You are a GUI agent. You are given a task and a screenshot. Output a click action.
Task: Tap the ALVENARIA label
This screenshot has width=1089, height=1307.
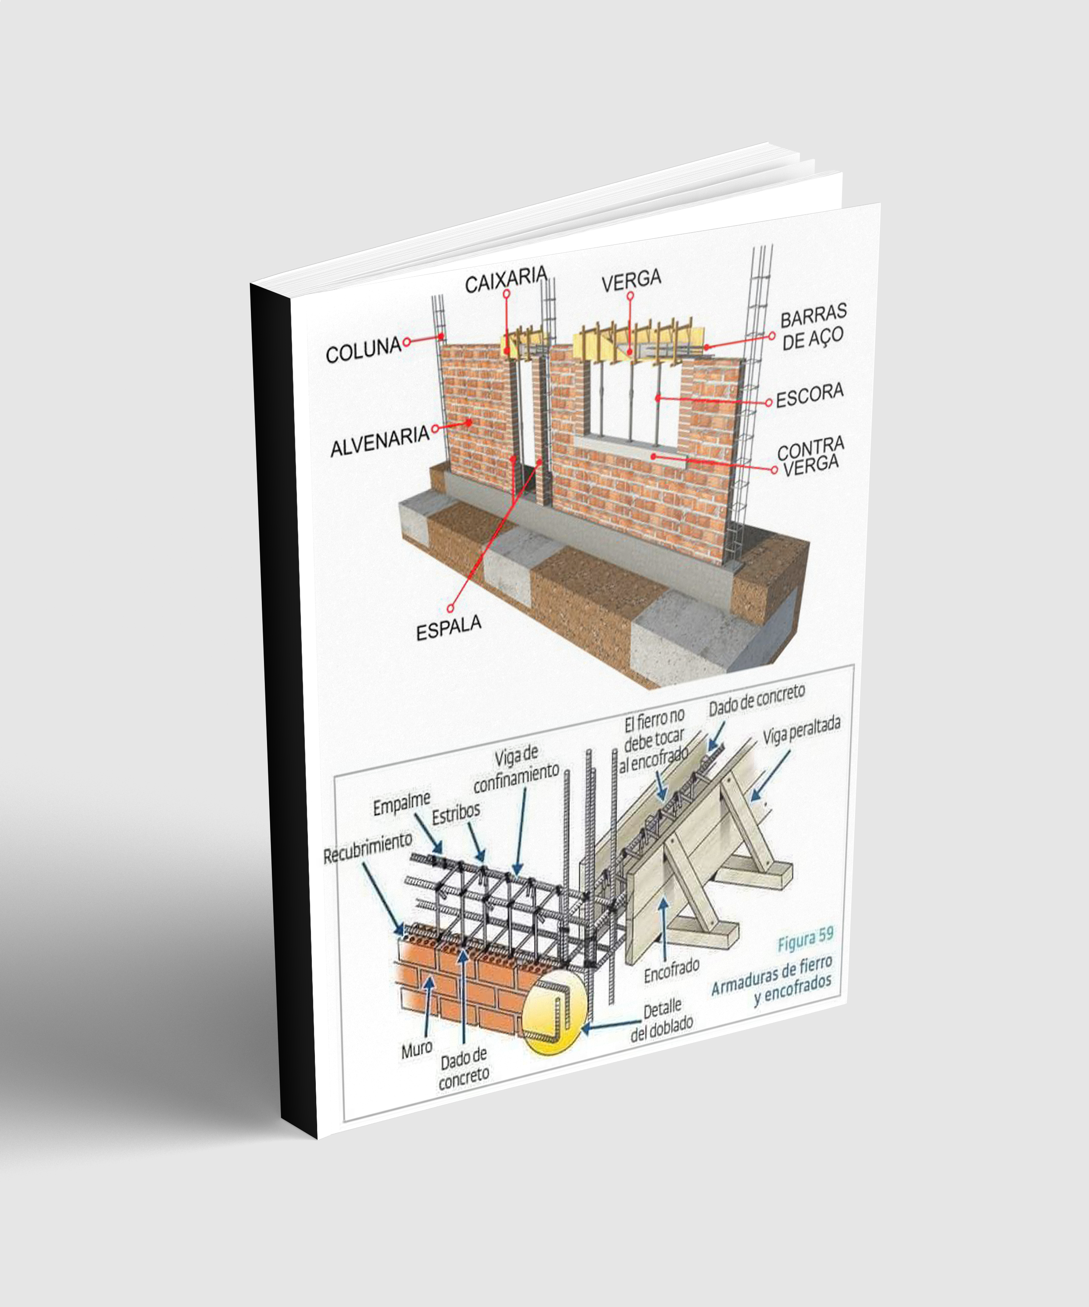(x=379, y=440)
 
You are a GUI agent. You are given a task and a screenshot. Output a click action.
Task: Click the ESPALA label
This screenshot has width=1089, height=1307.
(x=448, y=627)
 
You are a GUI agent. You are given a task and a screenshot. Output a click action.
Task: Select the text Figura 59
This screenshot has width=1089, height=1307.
(x=805, y=939)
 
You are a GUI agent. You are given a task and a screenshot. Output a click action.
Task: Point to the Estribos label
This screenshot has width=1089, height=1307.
(x=456, y=813)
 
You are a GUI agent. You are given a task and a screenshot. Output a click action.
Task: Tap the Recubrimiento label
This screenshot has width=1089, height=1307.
(x=367, y=847)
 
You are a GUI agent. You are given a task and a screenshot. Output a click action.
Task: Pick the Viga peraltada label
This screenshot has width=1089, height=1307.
(x=802, y=730)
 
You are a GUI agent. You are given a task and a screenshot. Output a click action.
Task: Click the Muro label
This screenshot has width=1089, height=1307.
(x=416, y=1050)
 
